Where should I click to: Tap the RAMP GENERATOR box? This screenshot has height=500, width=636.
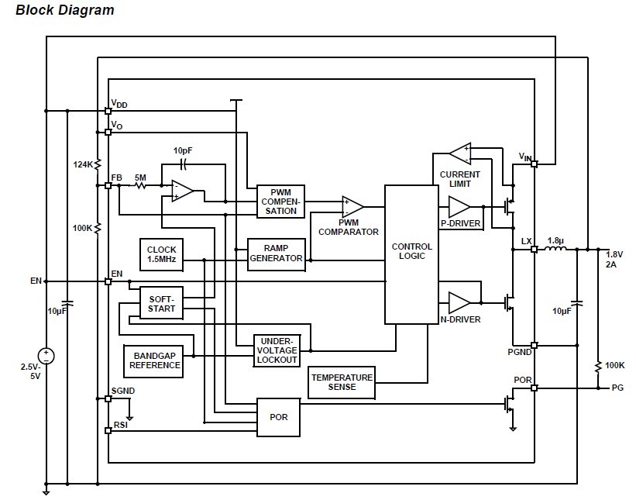coord(276,253)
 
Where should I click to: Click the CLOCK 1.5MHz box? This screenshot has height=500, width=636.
coord(161,254)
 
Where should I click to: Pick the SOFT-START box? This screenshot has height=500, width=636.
coord(162,303)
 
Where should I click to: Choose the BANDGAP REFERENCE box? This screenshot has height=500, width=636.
coord(154,360)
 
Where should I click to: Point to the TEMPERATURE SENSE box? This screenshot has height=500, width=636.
coord(342,381)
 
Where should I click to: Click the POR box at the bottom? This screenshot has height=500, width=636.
coord(278,417)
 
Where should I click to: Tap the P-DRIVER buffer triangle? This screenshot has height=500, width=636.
coord(459,207)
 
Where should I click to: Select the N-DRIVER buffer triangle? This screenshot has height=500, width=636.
coord(459,300)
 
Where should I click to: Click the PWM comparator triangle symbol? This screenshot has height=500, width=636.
coord(352,206)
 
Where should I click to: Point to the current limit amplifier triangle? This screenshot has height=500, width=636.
coord(460,153)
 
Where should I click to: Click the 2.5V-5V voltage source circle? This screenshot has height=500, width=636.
coord(46,356)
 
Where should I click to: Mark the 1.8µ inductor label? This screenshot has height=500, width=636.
coord(555,240)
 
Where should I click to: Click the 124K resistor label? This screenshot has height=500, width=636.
coord(83,164)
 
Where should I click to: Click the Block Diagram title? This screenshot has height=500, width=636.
coord(65,10)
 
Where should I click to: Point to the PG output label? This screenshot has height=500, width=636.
coord(617,388)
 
